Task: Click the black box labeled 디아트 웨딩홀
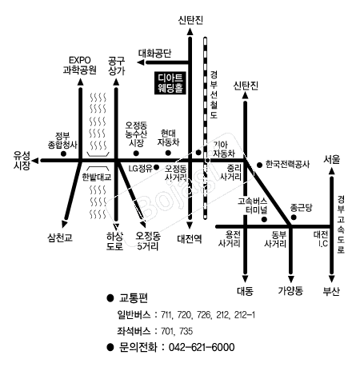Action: click(x=170, y=83)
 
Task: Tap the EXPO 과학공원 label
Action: click(x=79, y=66)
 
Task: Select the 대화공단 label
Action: click(x=154, y=54)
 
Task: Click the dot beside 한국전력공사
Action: click(x=259, y=165)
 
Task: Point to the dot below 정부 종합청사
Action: click(x=63, y=154)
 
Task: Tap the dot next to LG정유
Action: click(x=157, y=167)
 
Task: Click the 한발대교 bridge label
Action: click(x=97, y=178)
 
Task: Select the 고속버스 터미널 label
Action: click(x=253, y=205)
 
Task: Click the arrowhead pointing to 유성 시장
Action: click(x=35, y=161)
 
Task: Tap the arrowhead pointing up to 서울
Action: click(x=331, y=171)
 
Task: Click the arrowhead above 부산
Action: click(x=331, y=279)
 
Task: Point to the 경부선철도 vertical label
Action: click(x=214, y=94)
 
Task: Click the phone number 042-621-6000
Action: click(x=202, y=347)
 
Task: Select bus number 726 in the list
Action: click(x=204, y=315)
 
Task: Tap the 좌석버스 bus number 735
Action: click(x=186, y=331)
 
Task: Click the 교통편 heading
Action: click(x=134, y=298)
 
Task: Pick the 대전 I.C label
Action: click(x=321, y=239)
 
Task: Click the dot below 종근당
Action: click(x=294, y=217)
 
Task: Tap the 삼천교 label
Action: click(x=60, y=237)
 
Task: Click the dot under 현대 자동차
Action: click(x=168, y=153)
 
